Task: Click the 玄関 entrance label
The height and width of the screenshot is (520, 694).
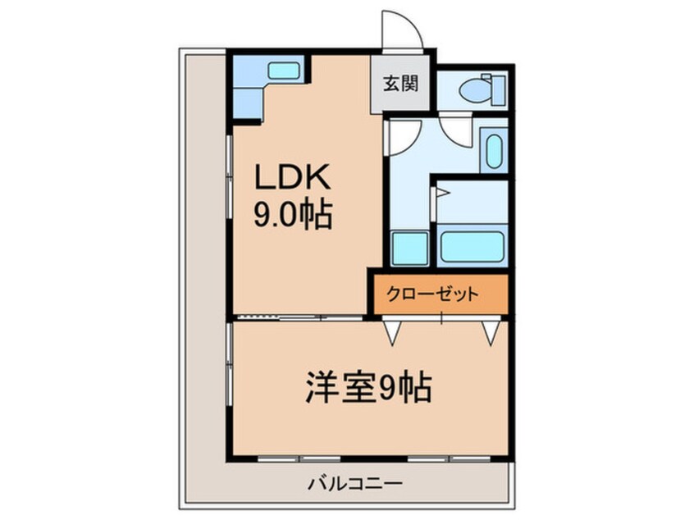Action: click(x=400, y=84)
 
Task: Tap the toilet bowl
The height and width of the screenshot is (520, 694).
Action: click(x=474, y=90)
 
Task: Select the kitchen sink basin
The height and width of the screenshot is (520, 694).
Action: click(x=284, y=71)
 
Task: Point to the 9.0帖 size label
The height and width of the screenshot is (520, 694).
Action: click(x=293, y=217)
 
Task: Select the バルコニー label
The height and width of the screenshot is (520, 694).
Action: click(x=354, y=485)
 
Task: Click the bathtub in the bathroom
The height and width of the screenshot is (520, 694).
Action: click(x=471, y=246)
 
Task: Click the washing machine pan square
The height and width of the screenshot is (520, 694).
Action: click(x=409, y=248)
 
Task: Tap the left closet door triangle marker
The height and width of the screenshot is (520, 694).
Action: click(x=394, y=332)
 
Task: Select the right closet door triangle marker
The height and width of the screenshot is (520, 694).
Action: click(x=491, y=332)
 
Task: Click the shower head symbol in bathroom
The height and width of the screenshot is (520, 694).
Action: click(x=441, y=194)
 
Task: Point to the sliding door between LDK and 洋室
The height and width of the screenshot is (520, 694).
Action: click(x=299, y=317)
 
